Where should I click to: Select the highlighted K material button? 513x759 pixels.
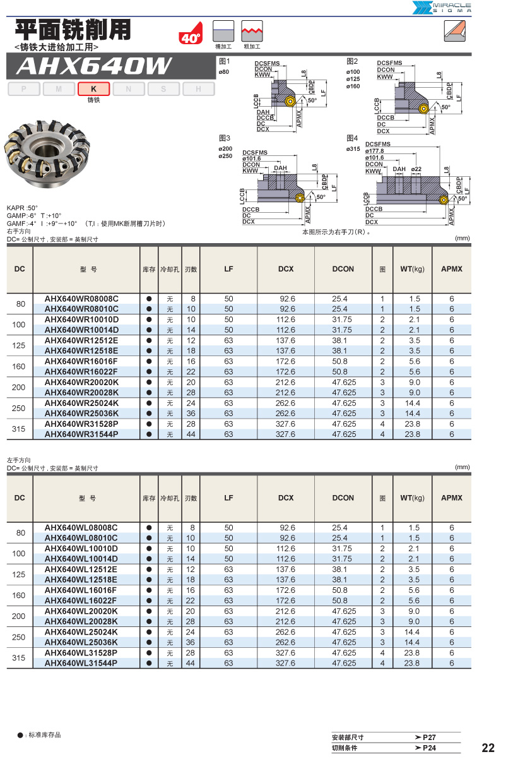(x=93, y=89)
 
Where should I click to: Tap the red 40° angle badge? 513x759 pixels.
(x=190, y=36)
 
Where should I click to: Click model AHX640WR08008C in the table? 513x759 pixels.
(x=81, y=299)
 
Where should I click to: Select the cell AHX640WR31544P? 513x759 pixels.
(x=81, y=434)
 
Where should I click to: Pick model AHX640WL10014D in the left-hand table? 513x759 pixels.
(x=81, y=559)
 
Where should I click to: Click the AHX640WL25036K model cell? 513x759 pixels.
(x=81, y=642)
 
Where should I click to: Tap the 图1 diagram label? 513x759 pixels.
(x=224, y=62)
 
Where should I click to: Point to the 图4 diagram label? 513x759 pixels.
(x=352, y=138)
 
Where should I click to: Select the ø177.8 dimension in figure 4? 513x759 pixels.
(x=375, y=151)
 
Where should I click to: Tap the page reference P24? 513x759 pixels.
(x=430, y=748)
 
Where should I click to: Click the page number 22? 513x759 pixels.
(x=488, y=748)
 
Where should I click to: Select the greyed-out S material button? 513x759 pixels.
(x=163, y=89)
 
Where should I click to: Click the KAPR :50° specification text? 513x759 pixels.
(x=22, y=208)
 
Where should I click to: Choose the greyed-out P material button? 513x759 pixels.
(x=24, y=89)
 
